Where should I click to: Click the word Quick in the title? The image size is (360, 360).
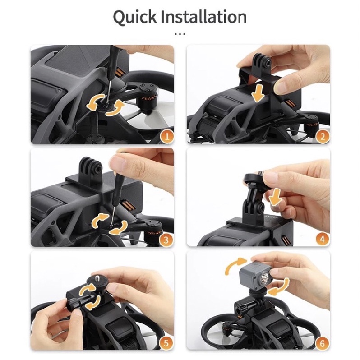134,17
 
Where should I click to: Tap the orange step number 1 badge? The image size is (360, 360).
167,137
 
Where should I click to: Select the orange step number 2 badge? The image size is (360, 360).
323,137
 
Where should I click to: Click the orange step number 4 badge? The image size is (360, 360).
322,239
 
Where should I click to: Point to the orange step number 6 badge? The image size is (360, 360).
322,343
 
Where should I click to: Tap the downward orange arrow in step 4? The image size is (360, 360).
275,197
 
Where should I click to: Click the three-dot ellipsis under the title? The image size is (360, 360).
180,34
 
